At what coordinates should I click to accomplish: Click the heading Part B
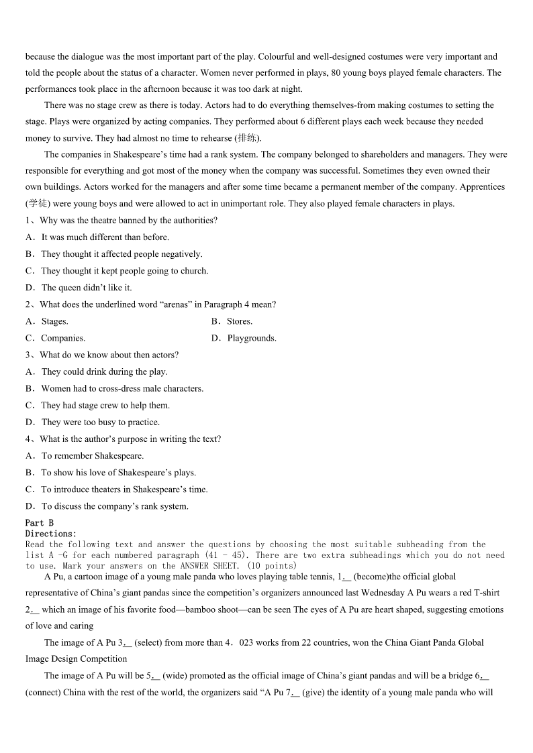[x=39, y=522]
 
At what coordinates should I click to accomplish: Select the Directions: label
[x=51, y=533]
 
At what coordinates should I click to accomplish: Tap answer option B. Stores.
[x=232, y=321]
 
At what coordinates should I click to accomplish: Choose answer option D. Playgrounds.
[x=244, y=338]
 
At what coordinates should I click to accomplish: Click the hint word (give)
[x=314, y=692]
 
